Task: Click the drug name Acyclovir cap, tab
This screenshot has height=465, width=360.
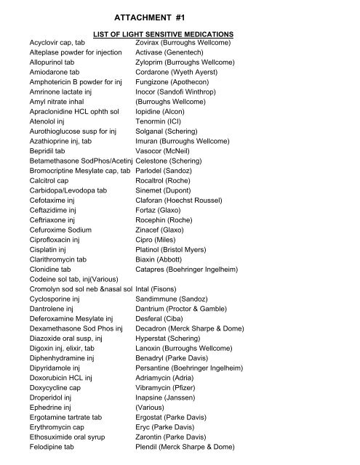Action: pos(57,44)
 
